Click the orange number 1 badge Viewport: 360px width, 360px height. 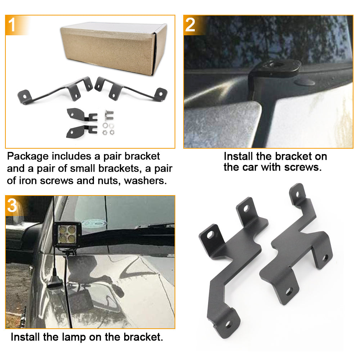click(12, 25)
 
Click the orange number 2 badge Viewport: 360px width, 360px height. click(190, 25)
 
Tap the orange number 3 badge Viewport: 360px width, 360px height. click(12, 206)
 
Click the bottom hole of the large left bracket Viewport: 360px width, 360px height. click(228, 324)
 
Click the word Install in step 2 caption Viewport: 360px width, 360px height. click(237, 156)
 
